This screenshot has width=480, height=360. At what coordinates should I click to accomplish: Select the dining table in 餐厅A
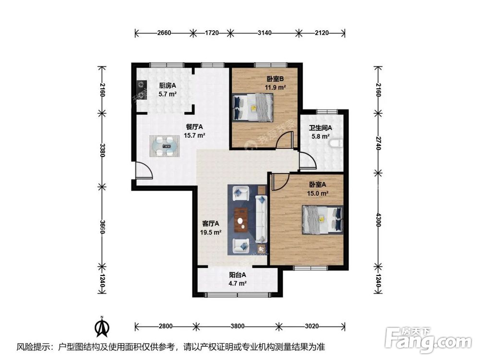click(164, 146)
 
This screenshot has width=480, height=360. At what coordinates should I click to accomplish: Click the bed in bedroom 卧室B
click(253, 107)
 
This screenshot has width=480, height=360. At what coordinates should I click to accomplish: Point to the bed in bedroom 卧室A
click(323, 219)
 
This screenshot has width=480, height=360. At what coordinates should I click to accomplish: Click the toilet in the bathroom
click(336, 143)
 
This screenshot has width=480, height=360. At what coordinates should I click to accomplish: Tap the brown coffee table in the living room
click(241, 220)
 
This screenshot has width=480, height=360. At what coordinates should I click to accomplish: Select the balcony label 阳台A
click(238, 275)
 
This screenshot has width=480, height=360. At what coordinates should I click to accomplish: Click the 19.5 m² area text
click(211, 232)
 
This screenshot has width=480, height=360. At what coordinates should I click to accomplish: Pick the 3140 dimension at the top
click(264, 33)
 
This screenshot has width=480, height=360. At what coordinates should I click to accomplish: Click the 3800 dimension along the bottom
click(238, 326)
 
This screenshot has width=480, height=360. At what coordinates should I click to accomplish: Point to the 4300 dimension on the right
click(378, 219)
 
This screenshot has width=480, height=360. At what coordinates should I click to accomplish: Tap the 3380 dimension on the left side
click(103, 150)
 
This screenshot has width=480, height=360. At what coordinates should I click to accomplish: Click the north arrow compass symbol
click(103, 326)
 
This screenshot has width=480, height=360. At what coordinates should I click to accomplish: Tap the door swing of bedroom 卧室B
click(285, 140)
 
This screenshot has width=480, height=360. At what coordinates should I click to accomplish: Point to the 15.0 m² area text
click(318, 193)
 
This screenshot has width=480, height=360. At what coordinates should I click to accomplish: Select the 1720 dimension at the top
click(211, 33)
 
